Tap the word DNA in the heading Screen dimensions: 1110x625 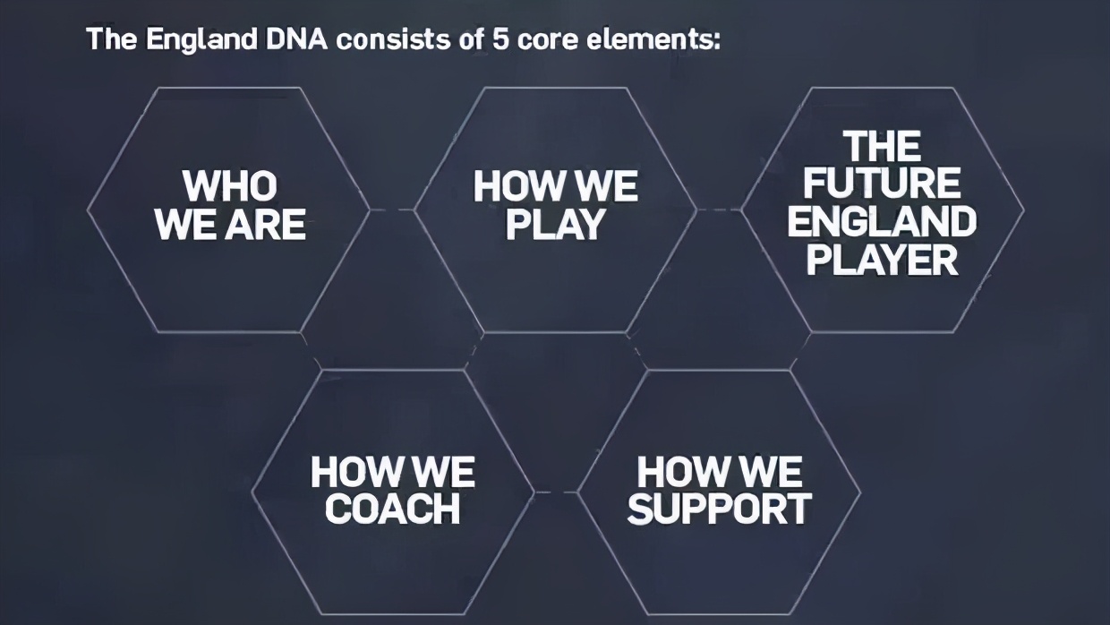tap(297, 39)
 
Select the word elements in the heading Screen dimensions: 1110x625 tap(653, 39)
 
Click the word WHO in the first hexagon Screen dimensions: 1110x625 tap(230, 186)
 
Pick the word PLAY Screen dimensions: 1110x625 tap(555, 224)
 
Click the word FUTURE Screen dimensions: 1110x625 tap(882, 183)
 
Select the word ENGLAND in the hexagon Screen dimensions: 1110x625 tap(882, 221)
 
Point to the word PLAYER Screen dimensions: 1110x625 tap(882, 260)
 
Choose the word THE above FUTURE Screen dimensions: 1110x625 tap(882, 146)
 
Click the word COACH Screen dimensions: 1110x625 tap(392, 509)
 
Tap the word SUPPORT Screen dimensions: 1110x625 tap(720, 509)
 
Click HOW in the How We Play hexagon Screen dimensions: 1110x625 tap(515, 186)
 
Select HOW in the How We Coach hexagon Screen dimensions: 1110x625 tap(352, 471)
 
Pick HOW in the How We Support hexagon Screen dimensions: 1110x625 tap(679, 471)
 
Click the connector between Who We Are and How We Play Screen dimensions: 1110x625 tap(392, 210)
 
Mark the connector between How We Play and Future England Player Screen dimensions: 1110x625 tap(719, 210)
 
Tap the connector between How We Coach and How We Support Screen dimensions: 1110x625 tap(556, 492)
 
